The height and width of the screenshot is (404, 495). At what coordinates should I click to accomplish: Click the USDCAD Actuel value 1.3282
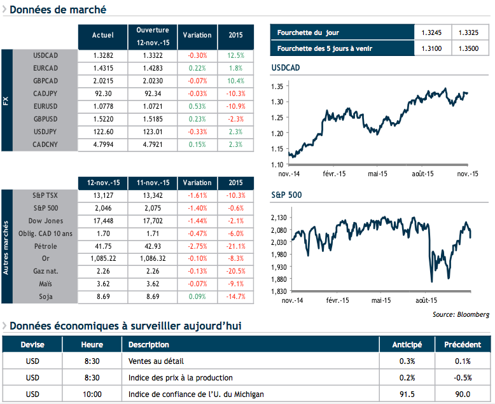102,55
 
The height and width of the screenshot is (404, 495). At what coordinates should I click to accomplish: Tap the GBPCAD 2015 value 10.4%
235,81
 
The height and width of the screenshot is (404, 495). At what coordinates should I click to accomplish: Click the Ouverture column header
152,36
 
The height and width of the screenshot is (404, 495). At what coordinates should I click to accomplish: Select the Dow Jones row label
45,220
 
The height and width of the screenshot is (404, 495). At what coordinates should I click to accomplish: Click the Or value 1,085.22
102,259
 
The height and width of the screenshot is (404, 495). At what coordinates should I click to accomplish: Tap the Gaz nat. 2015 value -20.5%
235,272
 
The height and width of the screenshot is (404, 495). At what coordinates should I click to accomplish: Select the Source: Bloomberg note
461,314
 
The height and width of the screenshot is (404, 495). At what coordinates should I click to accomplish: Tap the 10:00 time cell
92,394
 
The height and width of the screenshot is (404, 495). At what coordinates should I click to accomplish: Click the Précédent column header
462,345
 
